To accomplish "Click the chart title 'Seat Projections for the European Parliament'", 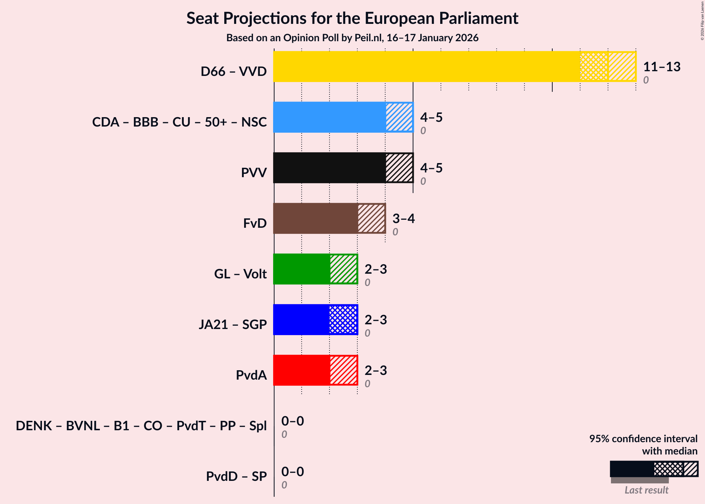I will click(x=352, y=18).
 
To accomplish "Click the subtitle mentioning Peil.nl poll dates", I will click(x=352, y=38).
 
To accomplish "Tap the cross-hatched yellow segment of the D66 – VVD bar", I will click(x=594, y=67).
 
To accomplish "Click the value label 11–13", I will click(x=661, y=67).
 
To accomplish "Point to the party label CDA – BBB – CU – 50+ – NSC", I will click(x=179, y=122).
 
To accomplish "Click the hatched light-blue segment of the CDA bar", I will click(x=399, y=117).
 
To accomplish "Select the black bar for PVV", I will click(x=329, y=168).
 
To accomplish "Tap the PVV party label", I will click(x=254, y=172).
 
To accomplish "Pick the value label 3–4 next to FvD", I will click(x=403, y=218).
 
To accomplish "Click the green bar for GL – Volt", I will click(x=301, y=269).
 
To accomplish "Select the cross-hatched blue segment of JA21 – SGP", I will click(x=343, y=320).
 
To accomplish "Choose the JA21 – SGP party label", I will click(x=233, y=324).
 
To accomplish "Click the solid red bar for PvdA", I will click(x=301, y=370).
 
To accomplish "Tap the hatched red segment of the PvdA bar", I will click(x=343, y=370).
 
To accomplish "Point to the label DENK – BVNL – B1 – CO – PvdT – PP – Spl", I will click(x=141, y=426).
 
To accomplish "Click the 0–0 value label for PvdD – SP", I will click(x=292, y=471).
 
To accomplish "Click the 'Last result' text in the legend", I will click(x=646, y=490).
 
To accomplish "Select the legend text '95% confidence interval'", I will click(x=643, y=439).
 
